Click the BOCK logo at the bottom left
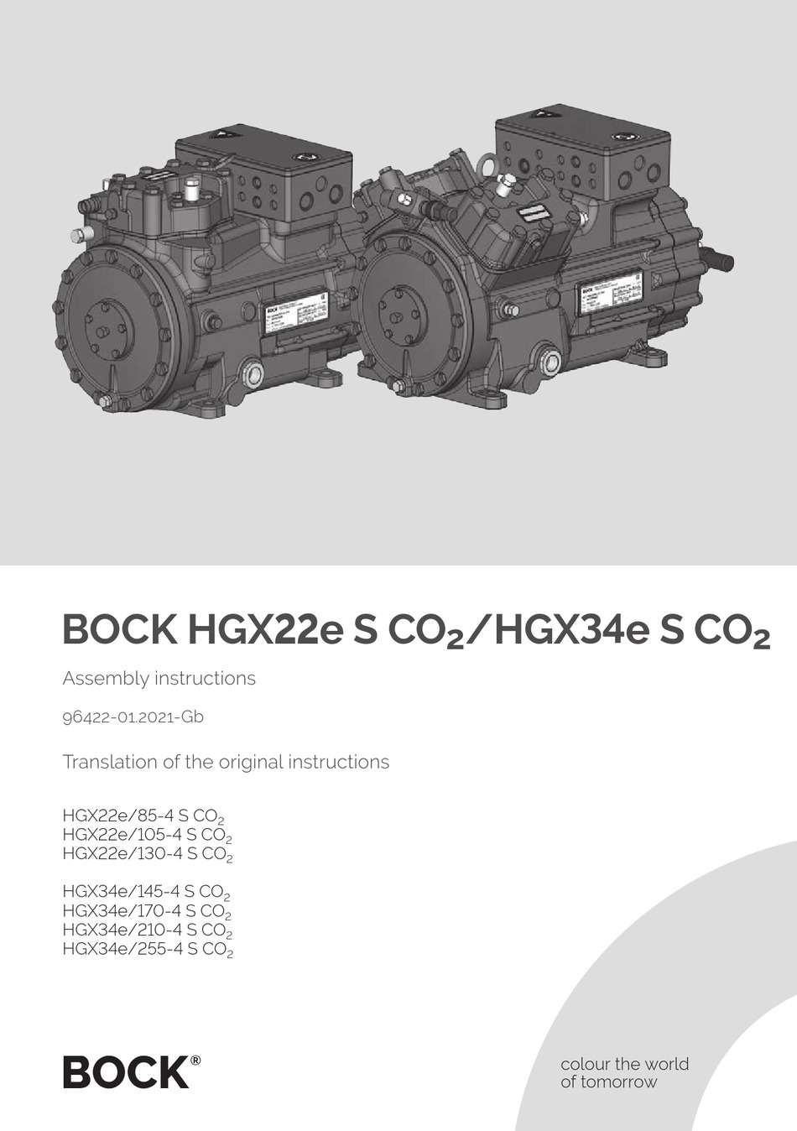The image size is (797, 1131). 127,1072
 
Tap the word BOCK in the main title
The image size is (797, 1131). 119,629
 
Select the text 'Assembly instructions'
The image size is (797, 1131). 159,678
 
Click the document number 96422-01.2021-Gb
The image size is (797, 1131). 133,717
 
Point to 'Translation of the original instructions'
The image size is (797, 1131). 226,762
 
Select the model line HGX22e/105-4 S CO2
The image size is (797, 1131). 147,835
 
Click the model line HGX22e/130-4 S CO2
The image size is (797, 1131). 147,854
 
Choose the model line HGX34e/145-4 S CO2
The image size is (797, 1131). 146,892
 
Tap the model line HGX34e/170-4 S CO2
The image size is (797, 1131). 147,911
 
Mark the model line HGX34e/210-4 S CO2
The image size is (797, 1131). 147,930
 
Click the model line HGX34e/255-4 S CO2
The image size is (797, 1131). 147,950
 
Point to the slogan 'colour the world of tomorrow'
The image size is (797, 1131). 624,1073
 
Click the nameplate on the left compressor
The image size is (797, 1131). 296,315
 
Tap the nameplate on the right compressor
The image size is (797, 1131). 609,297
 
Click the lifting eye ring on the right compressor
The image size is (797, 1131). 487,166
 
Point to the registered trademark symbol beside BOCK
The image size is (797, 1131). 195,1060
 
